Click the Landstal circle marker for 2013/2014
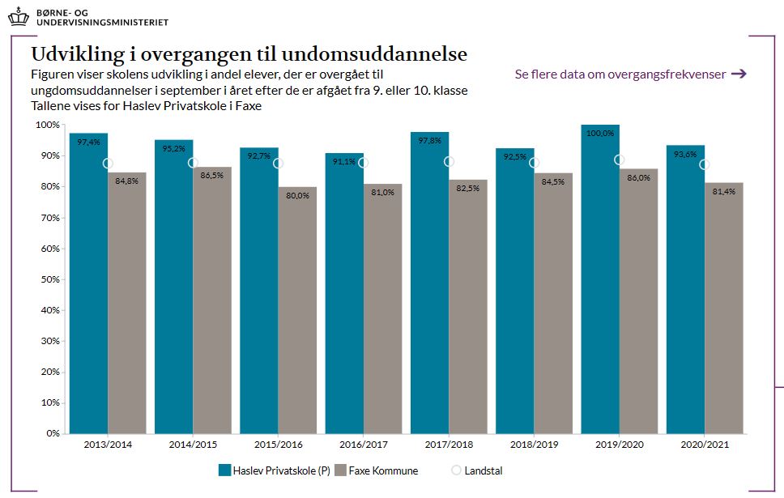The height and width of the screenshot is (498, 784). (109, 164)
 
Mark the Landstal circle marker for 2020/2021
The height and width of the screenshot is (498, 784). (705, 164)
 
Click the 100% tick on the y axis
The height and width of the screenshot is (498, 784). (48, 125)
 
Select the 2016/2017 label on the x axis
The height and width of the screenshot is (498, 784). (364, 445)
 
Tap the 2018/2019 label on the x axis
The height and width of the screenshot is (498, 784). (534, 445)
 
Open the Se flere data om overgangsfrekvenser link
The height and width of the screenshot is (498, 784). (620, 74)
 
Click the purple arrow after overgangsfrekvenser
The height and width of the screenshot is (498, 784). (738, 74)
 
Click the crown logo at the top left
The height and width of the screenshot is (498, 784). (16, 14)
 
